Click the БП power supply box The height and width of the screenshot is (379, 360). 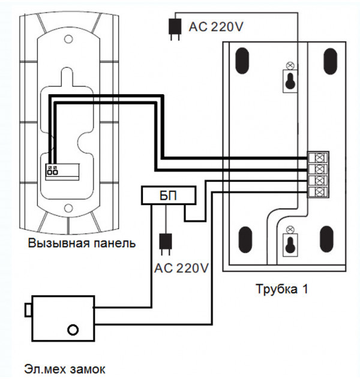click(x=168, y=195)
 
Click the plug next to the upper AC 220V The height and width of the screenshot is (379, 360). click(x=175, y=28)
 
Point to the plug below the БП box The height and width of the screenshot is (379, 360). click(x=163, y=243)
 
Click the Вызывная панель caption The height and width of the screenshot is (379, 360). click(x=82, y=244)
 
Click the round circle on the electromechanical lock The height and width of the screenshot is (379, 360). click(x=73, y=329)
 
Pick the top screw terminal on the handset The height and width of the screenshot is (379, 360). click(x=319, y=158)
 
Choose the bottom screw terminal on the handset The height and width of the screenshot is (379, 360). click(x=319, y=192)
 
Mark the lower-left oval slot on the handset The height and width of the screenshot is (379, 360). click(x=243, y=240)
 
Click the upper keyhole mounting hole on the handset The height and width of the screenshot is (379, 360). click(x=290, y=80)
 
